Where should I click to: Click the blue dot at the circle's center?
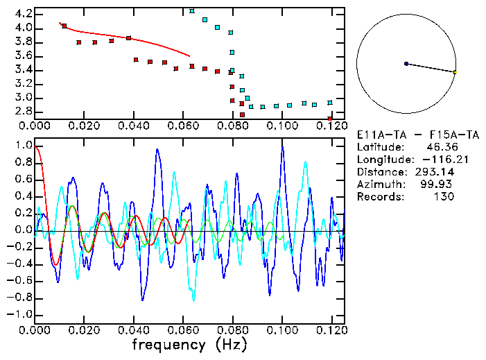[406, 64]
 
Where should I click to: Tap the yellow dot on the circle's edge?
[455, 72]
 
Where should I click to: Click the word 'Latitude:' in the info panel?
[380, 147]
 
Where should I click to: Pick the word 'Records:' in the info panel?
[380, 197]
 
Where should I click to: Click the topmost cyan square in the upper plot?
[192, 11]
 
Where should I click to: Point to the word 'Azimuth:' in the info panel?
[380, 185]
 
